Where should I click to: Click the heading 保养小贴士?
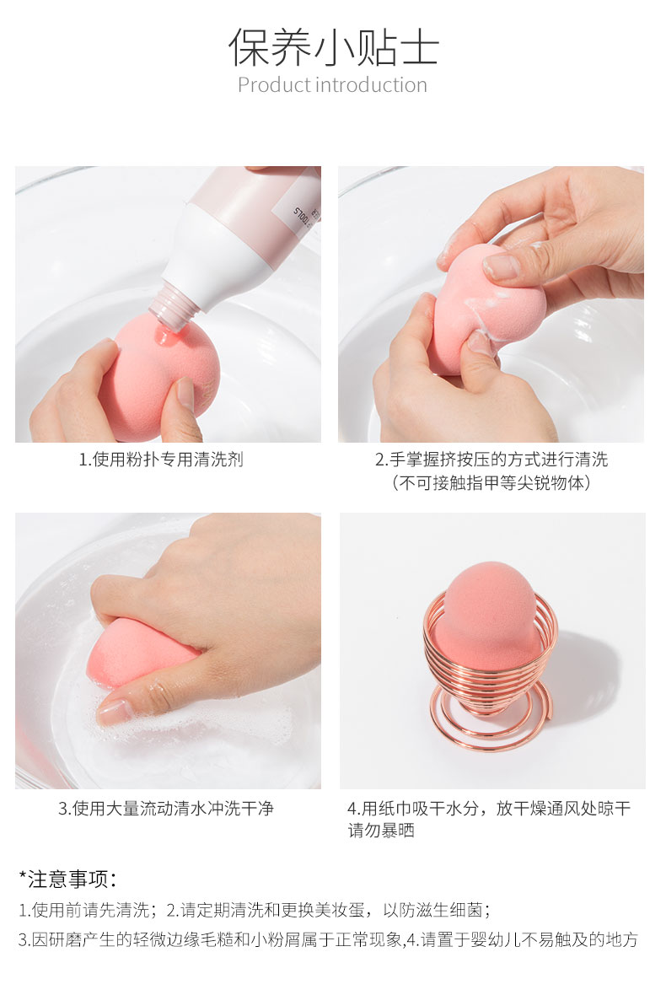point(333,47)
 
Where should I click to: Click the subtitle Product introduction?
point(332,85)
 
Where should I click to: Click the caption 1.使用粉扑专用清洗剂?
point(161,460)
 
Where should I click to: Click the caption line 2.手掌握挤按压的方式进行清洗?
point(491,460)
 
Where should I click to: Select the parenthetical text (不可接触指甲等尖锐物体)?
point(491,483)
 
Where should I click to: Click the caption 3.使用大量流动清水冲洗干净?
point(166,809)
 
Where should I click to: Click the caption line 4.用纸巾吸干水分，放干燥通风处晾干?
point(489,809)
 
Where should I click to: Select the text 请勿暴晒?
point(381,831)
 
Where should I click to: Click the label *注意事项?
point(68,879)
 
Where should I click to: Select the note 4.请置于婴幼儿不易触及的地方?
point(522,940)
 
